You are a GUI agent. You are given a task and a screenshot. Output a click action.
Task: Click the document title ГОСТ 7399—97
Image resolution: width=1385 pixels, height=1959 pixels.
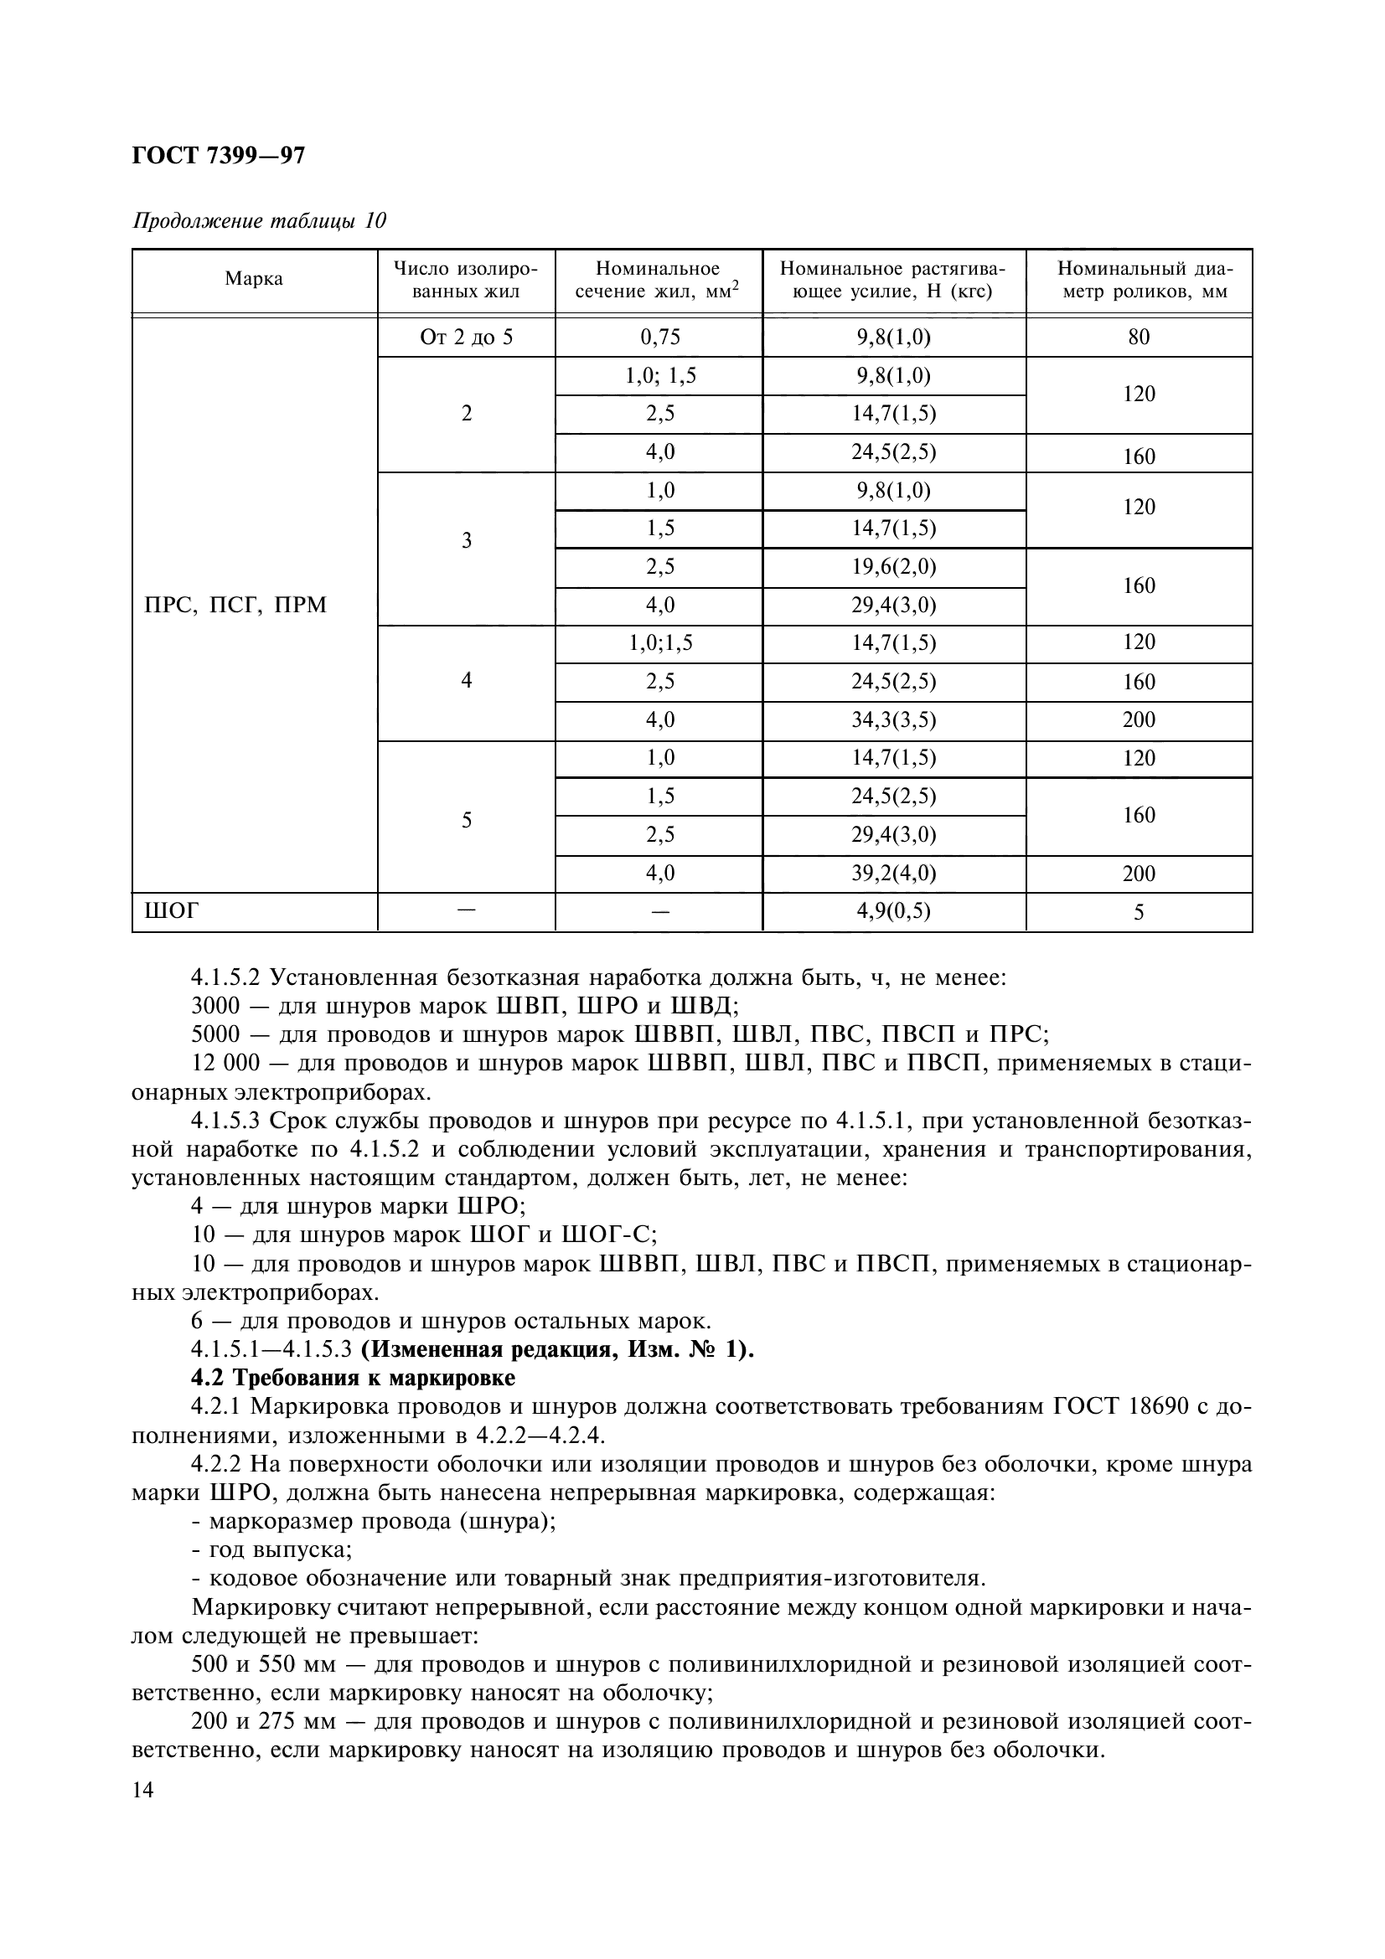tap(219, 155)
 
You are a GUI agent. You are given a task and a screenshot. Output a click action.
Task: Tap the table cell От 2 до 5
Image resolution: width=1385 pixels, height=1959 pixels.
tap(466, 337)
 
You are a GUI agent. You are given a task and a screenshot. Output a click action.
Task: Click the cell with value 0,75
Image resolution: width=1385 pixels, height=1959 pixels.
tap(659, 337)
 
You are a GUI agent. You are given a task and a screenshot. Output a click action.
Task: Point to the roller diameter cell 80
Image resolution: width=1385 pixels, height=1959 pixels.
tap(1139, 337)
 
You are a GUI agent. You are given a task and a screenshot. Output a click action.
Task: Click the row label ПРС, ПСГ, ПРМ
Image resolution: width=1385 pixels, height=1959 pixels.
tap(236, 606)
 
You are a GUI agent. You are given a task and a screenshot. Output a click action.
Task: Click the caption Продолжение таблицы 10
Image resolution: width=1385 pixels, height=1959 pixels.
tap(260, 221)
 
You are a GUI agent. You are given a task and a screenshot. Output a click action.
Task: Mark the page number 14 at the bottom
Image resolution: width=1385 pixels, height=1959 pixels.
tap(143, 1790)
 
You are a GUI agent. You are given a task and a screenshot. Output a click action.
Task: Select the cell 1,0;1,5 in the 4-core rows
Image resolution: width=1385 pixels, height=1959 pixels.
tap(659, 643)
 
